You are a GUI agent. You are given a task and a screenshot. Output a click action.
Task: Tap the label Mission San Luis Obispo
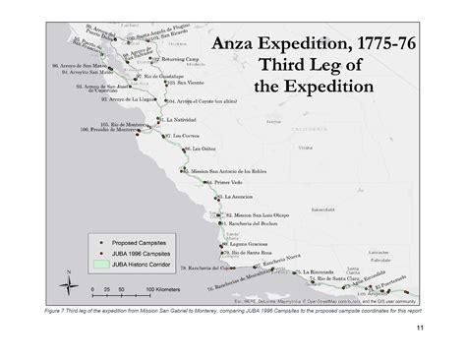(x=253, y=214)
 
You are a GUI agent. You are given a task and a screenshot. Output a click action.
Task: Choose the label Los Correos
(x=183, y=135)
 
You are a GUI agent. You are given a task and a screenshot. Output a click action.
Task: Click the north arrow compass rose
(x=68, y=282)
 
